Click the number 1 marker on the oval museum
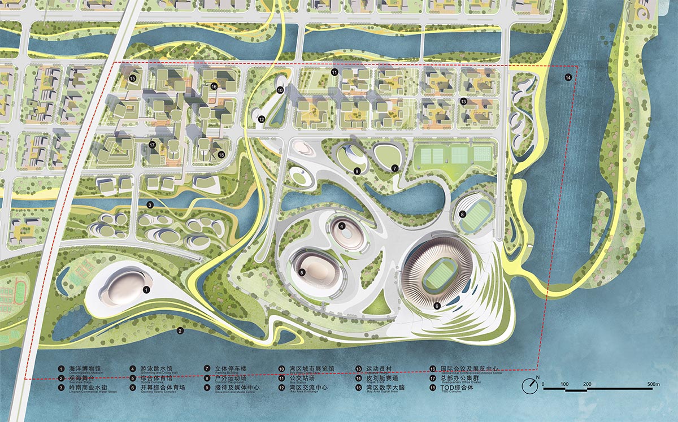(x=146, y=289)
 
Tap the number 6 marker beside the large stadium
(x=437, y=306)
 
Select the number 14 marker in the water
(x=568, y=77)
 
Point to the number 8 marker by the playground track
(x=462, y=214)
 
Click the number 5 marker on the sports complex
(x=302, y=272)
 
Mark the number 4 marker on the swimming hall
(x=342, y=225)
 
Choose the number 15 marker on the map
(x=133, y=79)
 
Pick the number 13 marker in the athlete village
(x=463, y=101)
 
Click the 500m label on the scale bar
(x=653, y=384)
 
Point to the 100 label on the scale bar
(x=564, y=384)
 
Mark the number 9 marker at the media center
(x=357, y=171)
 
